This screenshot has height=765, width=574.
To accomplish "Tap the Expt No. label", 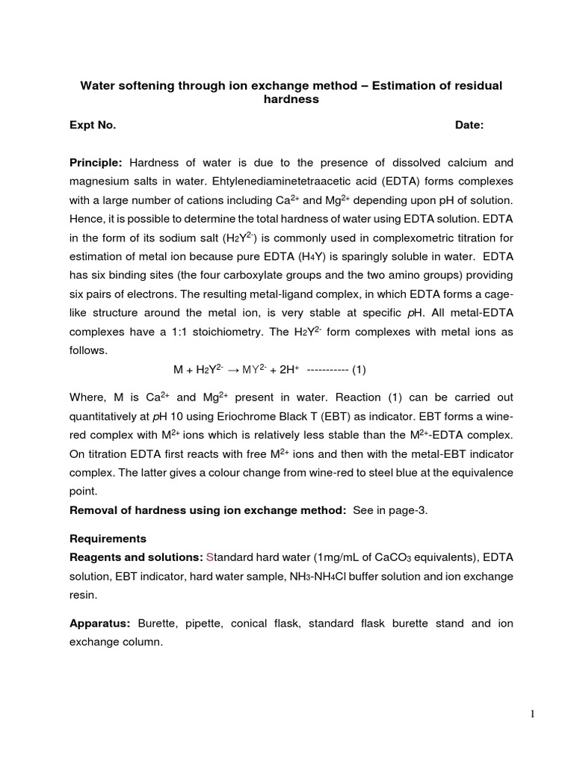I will [93, 126].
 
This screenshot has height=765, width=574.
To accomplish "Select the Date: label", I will [469, 126].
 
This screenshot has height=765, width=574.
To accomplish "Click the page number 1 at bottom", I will [532, 714].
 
